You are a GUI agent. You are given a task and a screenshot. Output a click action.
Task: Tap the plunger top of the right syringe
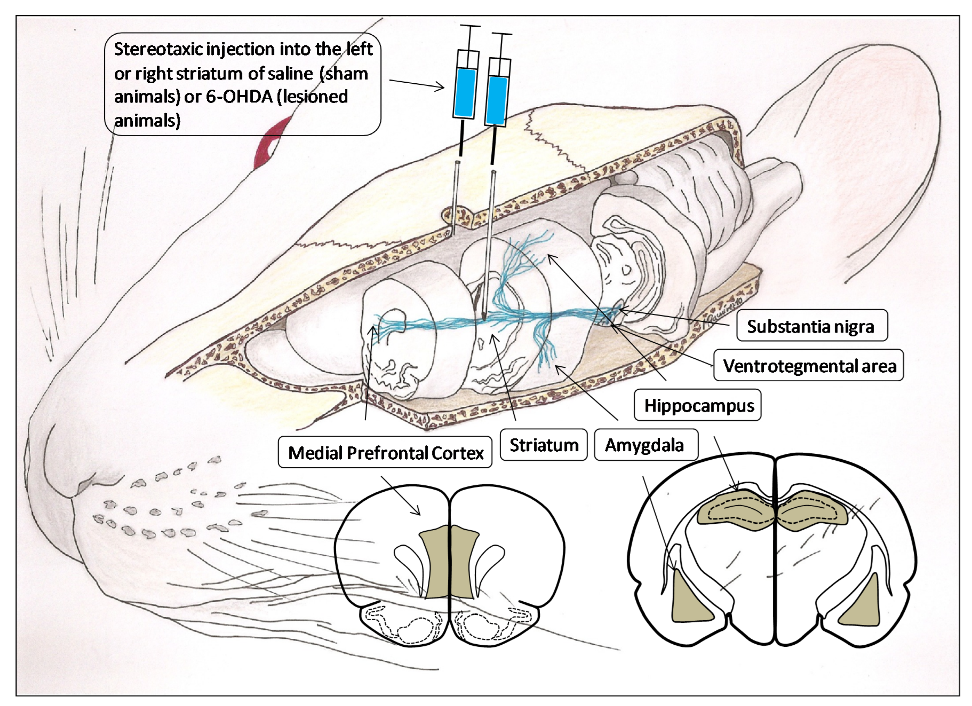502,34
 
